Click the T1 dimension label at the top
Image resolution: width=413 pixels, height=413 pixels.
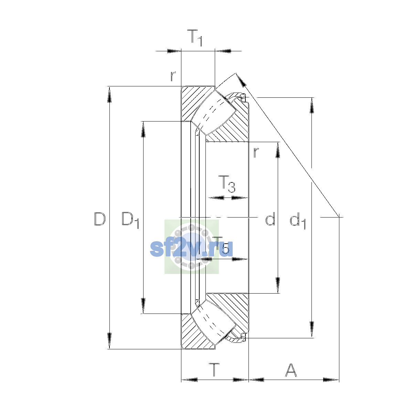coord(194,38)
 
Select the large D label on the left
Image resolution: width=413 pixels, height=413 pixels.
coord(100,219)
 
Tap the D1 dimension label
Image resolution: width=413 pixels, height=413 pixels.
coord(130,220)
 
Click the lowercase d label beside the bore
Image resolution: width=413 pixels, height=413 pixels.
coord(270,219)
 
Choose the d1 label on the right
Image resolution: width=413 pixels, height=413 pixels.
coord(298,221)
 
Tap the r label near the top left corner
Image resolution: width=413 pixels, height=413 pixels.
coord(173,76)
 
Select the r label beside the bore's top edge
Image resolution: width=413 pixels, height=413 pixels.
coord(256,152)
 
